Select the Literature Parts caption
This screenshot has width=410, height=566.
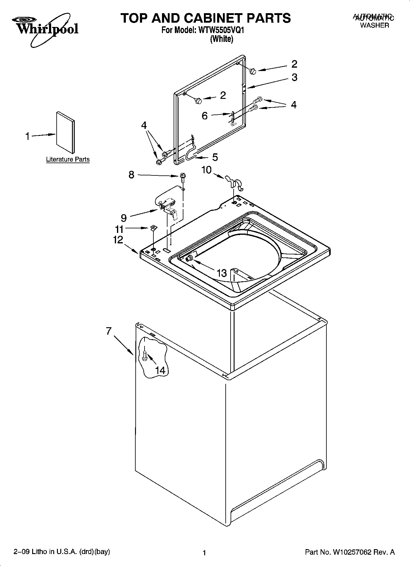click(68, 159)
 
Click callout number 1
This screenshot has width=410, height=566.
click(28, 136)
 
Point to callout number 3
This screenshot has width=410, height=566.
click(294, 77)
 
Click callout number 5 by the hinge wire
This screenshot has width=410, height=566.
click(215, 157)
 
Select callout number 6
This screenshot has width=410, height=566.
click(205, 116)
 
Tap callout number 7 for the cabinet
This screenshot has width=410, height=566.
click(109, 331)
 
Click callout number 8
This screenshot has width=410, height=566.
click(131, 175)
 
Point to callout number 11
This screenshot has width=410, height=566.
click(119, 229)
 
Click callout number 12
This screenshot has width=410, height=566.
click(118, 240)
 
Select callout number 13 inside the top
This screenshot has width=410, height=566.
click(221, 272)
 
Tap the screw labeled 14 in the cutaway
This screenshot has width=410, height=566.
click(145, 355)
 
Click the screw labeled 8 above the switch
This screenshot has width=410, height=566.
click(183, 176)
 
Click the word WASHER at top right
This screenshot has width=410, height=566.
click(374, 25)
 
